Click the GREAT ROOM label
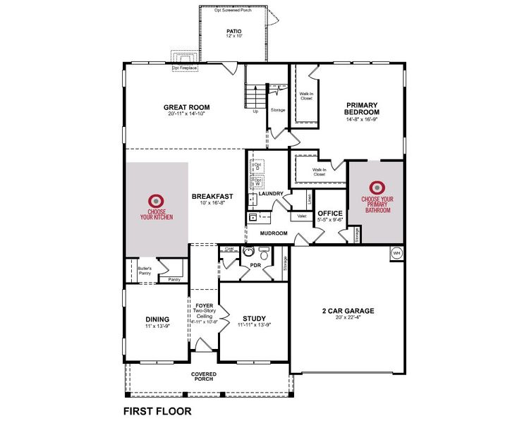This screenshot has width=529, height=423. [x=187, y=108]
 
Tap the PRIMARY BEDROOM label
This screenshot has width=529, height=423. [x=362, y=108]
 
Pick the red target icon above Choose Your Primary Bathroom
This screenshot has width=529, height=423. [x=377, y=188]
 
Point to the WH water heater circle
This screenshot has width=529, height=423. [x=396, y=252]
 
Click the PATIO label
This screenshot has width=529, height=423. [x=234, y=32]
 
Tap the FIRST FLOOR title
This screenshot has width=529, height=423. [x=157, y=410]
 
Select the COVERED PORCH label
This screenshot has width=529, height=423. [x=203, y=376]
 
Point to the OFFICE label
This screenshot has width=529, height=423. [x=329, y=214]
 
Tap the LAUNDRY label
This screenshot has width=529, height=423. [x=271, y=194]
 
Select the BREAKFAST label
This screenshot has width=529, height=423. [x=212, y=197]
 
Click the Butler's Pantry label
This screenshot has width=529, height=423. [x=135, y=270]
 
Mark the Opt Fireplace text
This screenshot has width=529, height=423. [x=185, y=68]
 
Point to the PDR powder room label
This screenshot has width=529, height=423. [x=255, y=265]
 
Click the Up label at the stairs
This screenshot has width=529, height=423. [x=255, y=111]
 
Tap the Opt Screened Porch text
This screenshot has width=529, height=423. [x=234, y=10]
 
